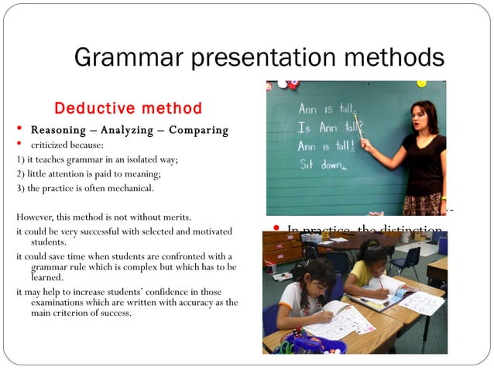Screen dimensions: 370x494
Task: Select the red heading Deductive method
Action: coord(128,108)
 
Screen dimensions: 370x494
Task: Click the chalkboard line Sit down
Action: coord(324,164)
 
